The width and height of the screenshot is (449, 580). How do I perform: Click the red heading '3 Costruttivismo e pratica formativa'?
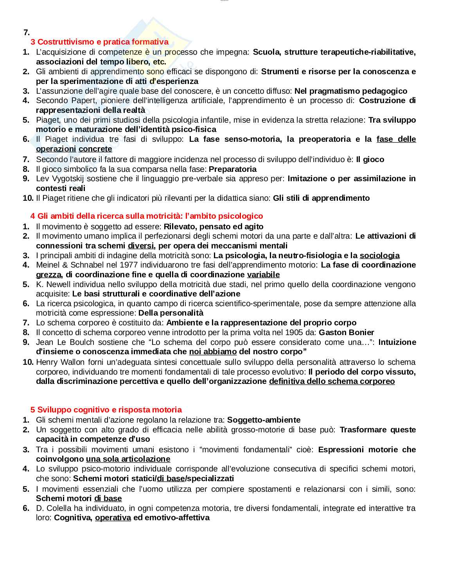(99, 42)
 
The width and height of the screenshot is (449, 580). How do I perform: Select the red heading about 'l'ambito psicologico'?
(147, 216)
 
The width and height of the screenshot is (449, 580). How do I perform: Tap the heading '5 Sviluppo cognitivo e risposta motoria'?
(106, 410)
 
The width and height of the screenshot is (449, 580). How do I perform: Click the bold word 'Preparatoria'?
(233, 169)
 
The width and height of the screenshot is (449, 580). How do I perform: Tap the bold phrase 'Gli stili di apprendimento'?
(321, 198)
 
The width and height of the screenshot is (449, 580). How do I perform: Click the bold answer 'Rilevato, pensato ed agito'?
(213, 227)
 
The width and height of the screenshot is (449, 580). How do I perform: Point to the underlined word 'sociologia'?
(379, 255)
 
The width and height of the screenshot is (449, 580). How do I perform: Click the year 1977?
(128, 265)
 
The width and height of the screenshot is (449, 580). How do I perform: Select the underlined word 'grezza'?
(48, 275)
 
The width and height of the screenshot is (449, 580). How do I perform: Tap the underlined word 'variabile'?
(263, 275)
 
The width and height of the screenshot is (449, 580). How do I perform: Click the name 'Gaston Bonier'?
(346, 332)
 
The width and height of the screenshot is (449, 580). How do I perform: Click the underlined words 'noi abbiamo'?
(213, 352)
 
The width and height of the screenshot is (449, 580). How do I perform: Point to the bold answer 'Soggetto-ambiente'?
(264, 420)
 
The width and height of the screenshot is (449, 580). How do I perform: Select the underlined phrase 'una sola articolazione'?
(128, 459)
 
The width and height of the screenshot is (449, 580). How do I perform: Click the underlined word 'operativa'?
(113, 518)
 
